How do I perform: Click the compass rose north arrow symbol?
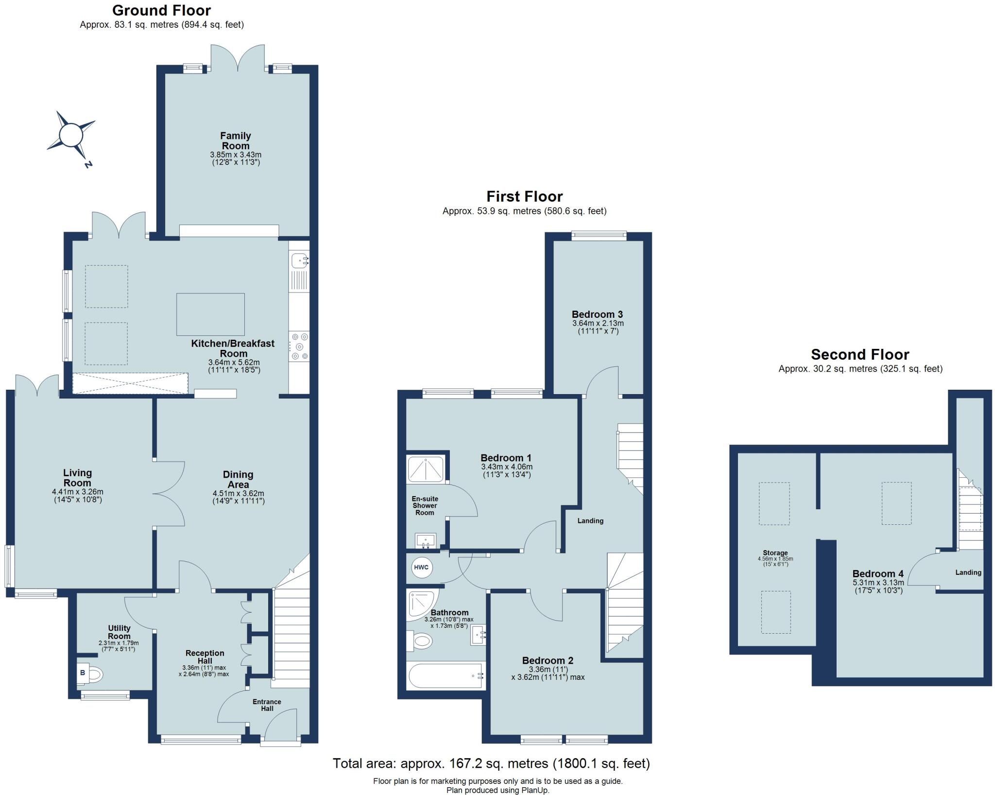point(71,135)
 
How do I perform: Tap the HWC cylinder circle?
point(421,568)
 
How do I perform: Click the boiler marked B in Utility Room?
point(83,673)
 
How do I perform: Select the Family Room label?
point(236,140)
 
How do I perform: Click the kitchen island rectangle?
point(210,314)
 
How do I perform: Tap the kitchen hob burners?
point(299,346)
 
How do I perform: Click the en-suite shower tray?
point(426,469)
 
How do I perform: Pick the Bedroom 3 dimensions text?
point(598,327)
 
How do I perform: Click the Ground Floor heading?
point(161,10)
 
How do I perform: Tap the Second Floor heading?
point(860,354)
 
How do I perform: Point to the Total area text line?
point(491,763)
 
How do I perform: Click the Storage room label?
point(775,553)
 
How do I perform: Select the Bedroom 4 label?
point(878,573)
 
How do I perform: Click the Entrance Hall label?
point(267,705)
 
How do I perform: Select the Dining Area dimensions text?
point(238,497)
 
